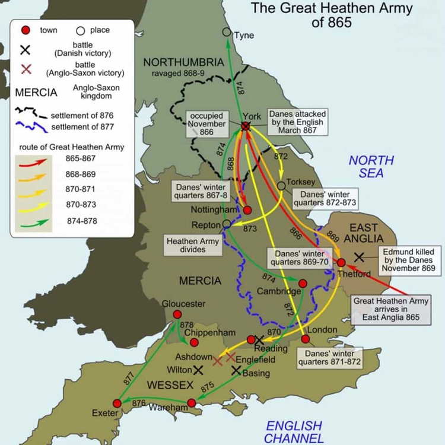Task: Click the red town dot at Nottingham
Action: [x=247, y=210]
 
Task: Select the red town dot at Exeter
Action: [x=117, y=403]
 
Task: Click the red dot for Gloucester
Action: [x=177, y=314]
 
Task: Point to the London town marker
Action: [x=306, y=339]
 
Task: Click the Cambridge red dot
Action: [x=303, y=284]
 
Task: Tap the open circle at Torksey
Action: [x=281, y=186]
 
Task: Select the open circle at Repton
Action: [x=227, y=224]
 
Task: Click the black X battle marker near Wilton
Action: [x=198, y=370]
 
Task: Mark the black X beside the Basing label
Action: [x=236, y=370]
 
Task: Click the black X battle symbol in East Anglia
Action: [x=359, y=257]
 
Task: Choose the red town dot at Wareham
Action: [x=192, y=403]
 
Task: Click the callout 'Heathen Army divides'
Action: [x=193, y=246]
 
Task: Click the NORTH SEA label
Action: [x=371, y=167]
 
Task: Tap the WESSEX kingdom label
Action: [x=170, y=386]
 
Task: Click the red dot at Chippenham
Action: [x=193, y=342]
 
